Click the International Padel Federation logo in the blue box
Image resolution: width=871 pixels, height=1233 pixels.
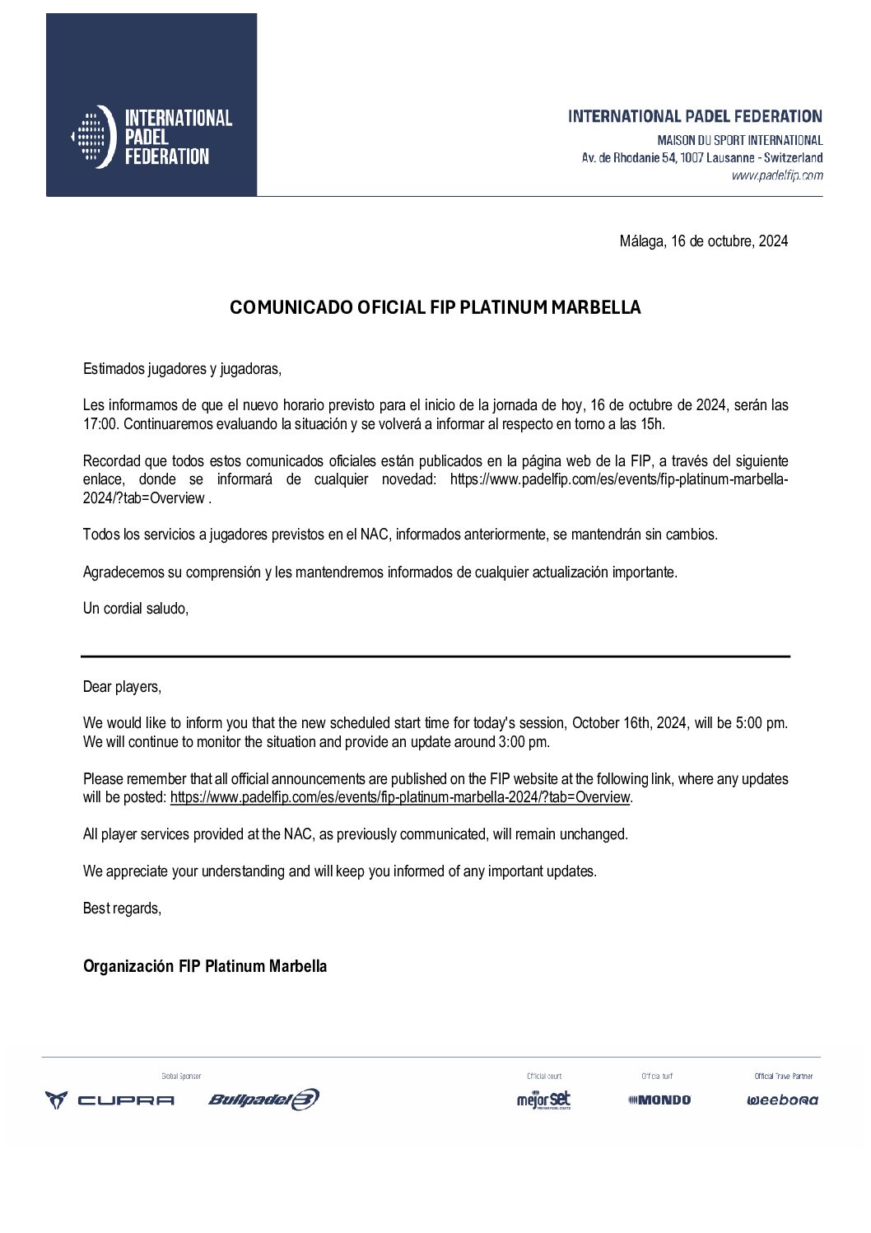tap(151, 137)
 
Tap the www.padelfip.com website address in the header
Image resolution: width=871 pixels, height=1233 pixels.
tap(776, 175)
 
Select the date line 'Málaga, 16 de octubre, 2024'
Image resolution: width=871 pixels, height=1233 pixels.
tap(703, 241)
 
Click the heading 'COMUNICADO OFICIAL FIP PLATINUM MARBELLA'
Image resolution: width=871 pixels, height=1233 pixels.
tap(435, 307)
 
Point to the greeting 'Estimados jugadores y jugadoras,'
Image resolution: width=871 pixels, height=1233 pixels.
tap(182, 369)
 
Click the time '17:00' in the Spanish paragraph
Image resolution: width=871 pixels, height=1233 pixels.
tap(99, 424)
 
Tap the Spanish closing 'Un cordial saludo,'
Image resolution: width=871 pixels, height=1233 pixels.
tap(136, 609)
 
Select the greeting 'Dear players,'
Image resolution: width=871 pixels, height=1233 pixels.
tap(122, 687)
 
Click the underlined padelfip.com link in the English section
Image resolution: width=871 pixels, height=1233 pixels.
tap(399, 797)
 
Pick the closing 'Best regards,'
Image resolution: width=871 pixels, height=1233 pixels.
tap(122, 908)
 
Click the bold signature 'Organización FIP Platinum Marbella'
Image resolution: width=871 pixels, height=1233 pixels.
tap(205, 966)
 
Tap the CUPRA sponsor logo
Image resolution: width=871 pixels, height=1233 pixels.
tap(109, 1100)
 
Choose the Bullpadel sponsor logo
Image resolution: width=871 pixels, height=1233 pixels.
tap(263, 1100)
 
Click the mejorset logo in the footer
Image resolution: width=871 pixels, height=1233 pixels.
tap(543, 1100)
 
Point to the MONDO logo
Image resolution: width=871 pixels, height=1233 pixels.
tap(659, 1100)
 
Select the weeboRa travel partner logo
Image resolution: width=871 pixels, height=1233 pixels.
tap(782, 1100)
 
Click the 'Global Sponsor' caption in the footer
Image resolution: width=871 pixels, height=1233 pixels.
tap(181, 1076)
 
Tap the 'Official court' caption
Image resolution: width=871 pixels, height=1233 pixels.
tap(544, 1076)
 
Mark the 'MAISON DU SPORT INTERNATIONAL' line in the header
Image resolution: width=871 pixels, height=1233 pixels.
tap(739, 140)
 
